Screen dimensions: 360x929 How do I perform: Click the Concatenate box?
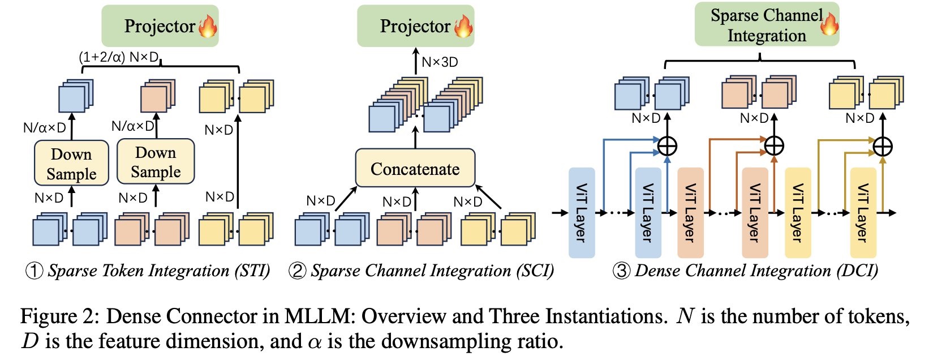pyautogui.click(x=415, y=168)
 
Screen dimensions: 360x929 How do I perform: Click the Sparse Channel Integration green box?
pyautogui.click(x=766, y=25)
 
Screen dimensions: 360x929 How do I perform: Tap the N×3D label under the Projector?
pyautogui.click(x=440, y=62)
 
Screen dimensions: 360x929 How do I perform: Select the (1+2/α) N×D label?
pyautogui.click(x=118, y=57)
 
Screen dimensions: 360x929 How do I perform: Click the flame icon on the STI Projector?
pyautogui.click(x=208, y=25)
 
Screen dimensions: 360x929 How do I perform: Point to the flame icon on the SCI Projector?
pyautogui.click(x=463, y=25)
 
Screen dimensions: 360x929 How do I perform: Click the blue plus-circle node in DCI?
pyautogui.click(x=668, y=146)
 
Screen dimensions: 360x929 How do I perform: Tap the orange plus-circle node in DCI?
pyautogui.click(x=774, y=146)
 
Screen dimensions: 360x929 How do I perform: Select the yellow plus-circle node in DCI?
pyautogui.click(x=883, y=147)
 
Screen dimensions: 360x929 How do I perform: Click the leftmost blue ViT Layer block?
pyautogui.click(x=581, y=213)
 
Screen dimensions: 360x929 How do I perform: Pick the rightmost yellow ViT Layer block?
pyautogui.click(x=863, y=213)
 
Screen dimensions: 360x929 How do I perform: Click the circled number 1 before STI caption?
pyautogui.click(x=34, y=271)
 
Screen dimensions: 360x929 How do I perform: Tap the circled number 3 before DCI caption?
pyautogui.click(x=621, y=271)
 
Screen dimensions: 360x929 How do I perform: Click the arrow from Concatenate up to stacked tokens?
pyautogui.click(x=415, y=138)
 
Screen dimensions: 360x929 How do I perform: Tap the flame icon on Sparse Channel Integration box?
pyautogui.click(x=829, y=24)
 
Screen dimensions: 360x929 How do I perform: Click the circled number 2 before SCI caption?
pyautogui.click(x=298, y=271)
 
